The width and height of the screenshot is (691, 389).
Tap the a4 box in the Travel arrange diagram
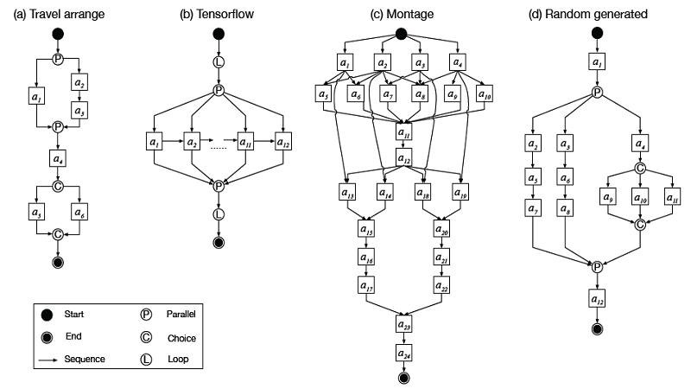point(59,159)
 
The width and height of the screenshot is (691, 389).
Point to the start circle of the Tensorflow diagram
point(219,35)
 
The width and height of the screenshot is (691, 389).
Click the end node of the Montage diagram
point(403,377)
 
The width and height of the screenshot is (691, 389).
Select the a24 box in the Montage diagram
point(403,354)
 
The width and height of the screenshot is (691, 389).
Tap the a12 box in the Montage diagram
point(403,159)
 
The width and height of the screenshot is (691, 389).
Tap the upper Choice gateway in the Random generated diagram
point(640,169)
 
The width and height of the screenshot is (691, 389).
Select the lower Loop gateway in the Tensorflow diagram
point(219,213)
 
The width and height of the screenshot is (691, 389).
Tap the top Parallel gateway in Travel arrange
point(59,59)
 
